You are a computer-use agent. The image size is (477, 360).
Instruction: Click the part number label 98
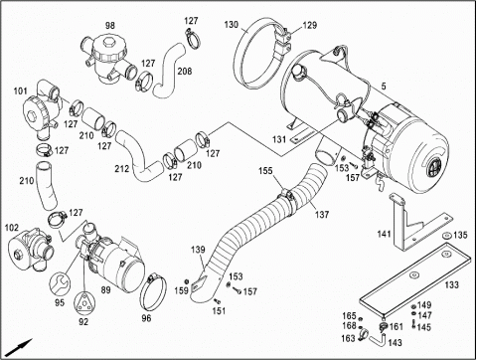[x=110, y=26]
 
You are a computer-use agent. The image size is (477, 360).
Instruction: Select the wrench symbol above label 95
[x=60, y=283]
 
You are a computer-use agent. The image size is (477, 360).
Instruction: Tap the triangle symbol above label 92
[x=84, y=303]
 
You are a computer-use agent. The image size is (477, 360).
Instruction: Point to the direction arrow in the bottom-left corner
[x=20, y=347]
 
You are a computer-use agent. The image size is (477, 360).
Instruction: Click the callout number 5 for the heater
[x=384, y=87]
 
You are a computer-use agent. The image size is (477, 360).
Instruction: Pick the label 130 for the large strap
[x=232, y=25]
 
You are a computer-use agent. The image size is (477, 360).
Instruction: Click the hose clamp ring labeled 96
[x=153, y=291]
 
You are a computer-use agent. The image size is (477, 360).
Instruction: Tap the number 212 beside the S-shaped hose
[x=122, y=169]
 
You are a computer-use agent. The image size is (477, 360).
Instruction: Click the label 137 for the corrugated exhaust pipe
[x=322, y=215]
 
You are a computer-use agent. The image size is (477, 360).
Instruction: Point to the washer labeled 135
[x=446, y=236]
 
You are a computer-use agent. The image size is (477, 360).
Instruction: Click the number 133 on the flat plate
[x=451, y=284]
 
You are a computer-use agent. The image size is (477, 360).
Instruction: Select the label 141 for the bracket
[x=385, y=235]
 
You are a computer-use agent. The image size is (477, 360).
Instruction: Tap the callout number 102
[x=12, y=228]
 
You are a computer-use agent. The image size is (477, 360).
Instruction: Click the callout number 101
[x=21, y=90]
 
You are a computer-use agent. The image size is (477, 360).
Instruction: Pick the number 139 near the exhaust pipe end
[x=198, y=250]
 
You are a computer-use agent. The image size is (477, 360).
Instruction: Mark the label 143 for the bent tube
[x=395, y=343]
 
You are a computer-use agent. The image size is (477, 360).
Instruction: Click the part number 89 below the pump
[x=106, y=290]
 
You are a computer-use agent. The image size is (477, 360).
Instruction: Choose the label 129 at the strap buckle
[x=310, y=25]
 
